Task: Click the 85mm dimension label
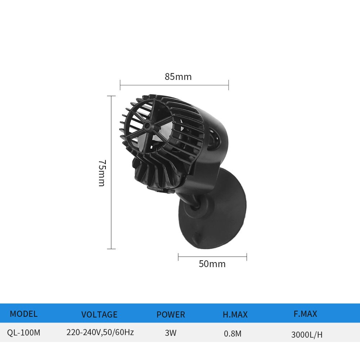pyautogui.click(x=178, y=77)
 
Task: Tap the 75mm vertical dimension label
pyautogui.click(x=102, y=173)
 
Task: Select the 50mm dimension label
pyautogui.click(x=212, y=264)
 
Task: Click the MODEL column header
pyautogui.click(x=23, y=314)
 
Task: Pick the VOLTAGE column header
pyautogui.click(x=99, y=315)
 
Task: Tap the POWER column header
pyautogui.click(x=171, y=315)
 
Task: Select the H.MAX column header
pyautogui.click(x=235, y=315)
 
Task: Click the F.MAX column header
pyautogui.click(x=305, y=314)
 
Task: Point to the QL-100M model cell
pyautogui.click(x=23, y=333)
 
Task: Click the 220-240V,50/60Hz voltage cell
pyautogui.click(x=100, y=332)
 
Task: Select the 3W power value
pyautogui.click(x=171, y=333)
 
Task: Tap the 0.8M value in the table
pyautogui.click(x=233, y=334)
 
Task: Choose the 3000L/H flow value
pyautogui.click(x=307, y=335)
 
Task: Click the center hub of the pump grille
pyautogui.click(x=147, y=126)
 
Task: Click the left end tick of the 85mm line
pyautogui.click(x=120, y=85)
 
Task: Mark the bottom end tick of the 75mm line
pyautogui.click(x=112, y=248)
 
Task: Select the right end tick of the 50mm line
pyautogui.click(x=247, y=257)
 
